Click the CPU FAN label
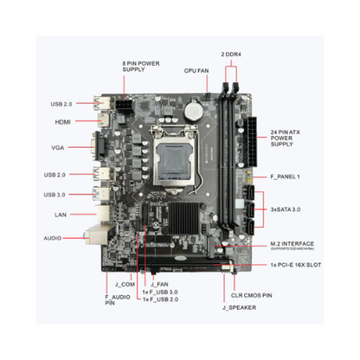point(196,70)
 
